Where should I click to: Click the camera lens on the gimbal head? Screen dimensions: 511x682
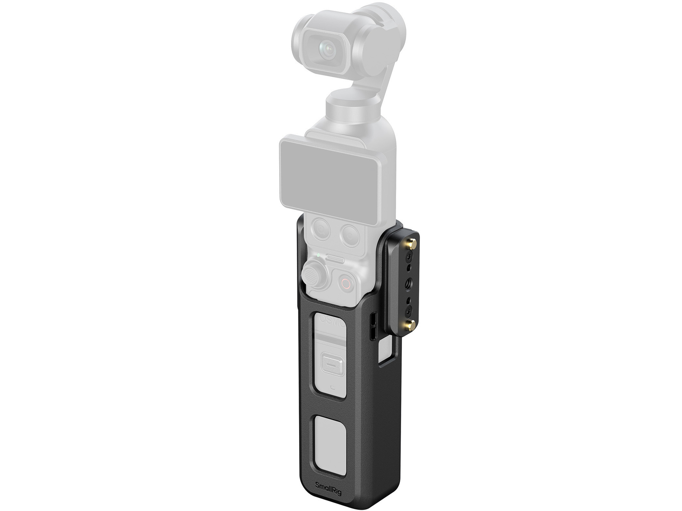tap(327, 50)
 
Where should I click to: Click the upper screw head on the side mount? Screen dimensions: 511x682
tap(410, 256)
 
